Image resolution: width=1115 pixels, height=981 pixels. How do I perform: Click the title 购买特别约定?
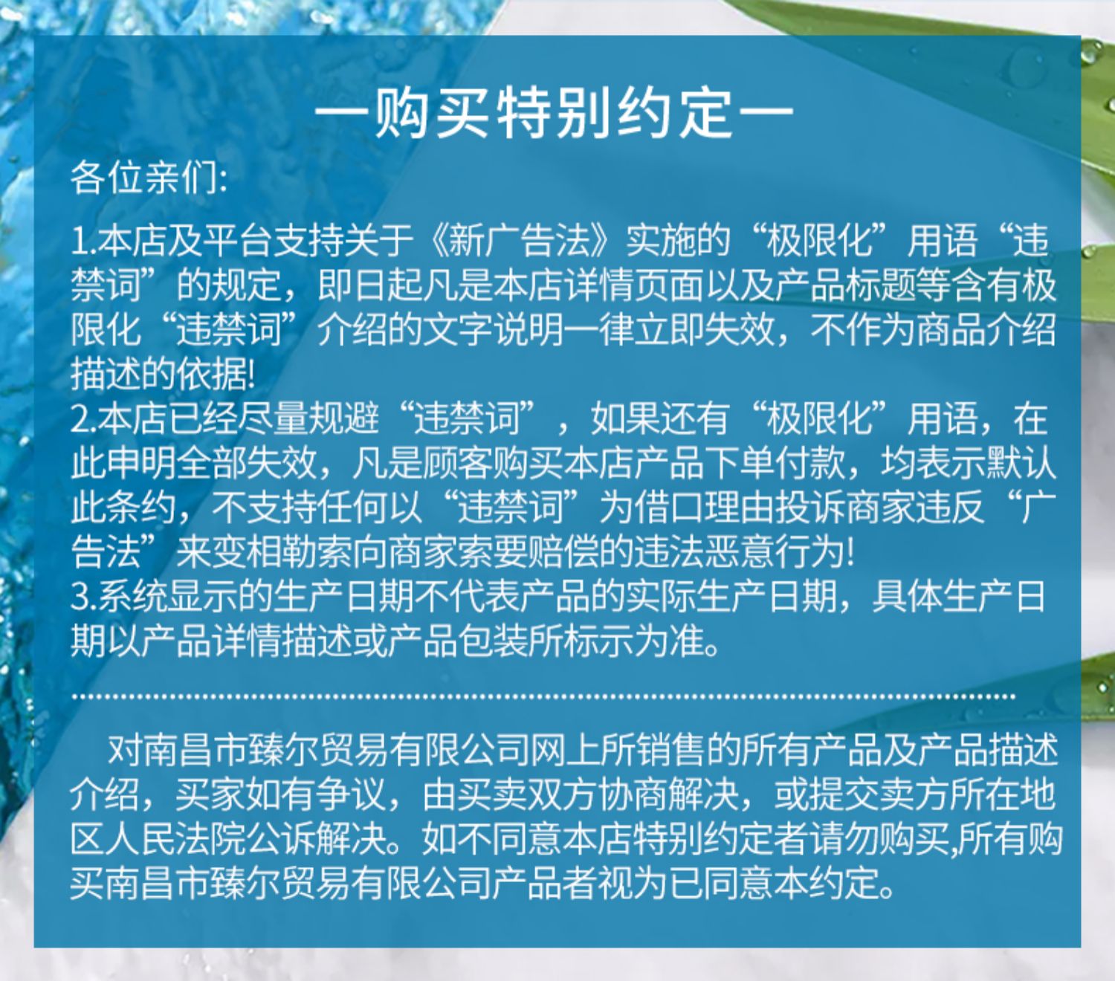coord(555,114)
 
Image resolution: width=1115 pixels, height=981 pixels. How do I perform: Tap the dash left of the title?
coord(340,114)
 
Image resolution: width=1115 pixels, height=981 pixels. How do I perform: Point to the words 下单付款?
coord(775,463)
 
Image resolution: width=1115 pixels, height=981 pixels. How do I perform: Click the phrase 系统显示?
coord(169,597)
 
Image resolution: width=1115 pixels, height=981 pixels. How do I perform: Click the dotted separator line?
coord(543,696)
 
